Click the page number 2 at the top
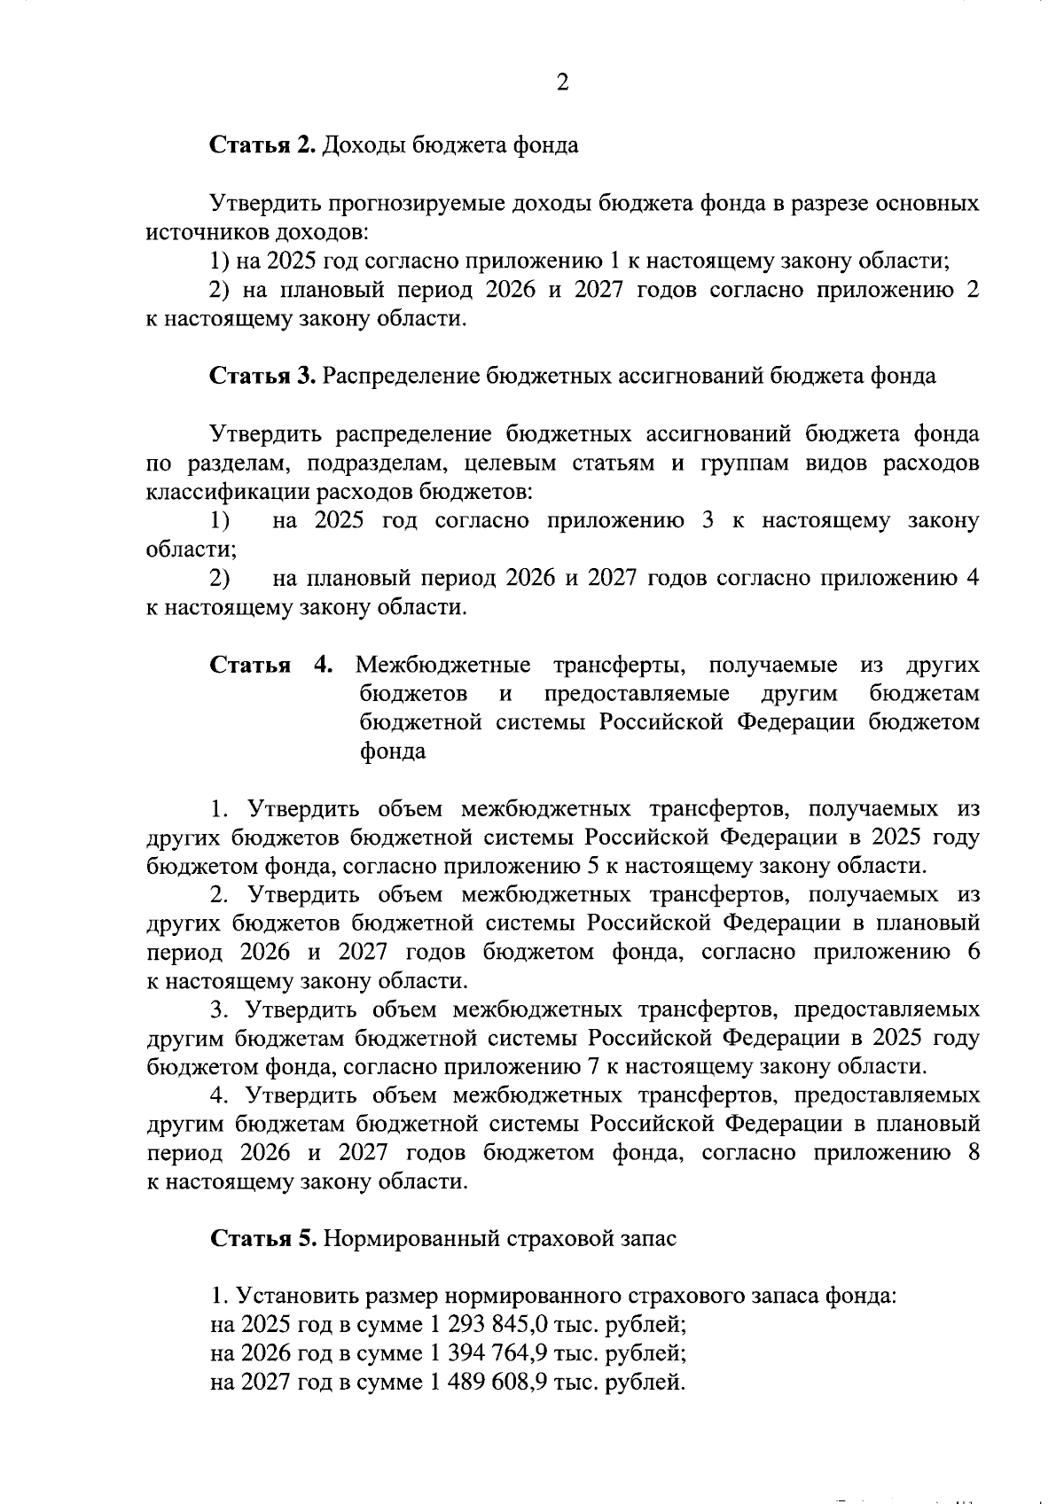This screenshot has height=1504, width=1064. click(561, 83)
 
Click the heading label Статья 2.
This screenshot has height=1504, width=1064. click(262, 145)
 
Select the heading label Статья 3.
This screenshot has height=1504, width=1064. click(262, 376)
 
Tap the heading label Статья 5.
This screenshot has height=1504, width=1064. click(262, 1238)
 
